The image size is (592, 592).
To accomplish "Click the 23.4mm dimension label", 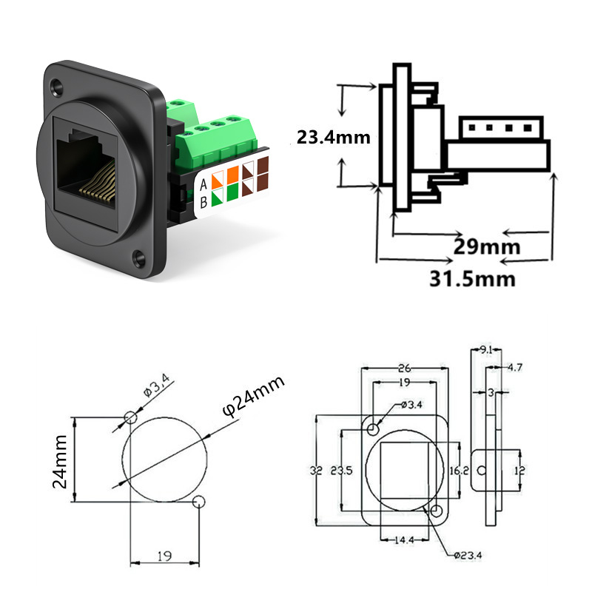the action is point(334,137).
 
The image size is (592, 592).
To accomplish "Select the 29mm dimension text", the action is point(487,246).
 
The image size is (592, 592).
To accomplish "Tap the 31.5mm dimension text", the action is point(472,279).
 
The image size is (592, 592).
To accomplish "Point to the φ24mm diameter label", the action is point(253,396).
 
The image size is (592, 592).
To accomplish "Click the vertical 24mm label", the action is point(60,461).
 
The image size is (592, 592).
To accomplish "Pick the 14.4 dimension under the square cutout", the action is point(404,540).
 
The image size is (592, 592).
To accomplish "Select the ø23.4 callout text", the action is point(468,555).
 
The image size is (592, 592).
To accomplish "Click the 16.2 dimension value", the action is point(459,471).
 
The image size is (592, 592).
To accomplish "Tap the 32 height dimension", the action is point(317,471).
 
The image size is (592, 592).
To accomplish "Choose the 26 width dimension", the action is point(404,367).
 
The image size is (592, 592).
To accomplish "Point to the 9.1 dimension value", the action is point(486,350).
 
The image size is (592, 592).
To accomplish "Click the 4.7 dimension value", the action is point(514,367).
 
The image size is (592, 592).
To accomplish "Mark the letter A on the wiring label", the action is point(203,184).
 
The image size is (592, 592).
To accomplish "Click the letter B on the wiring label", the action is point(203,203).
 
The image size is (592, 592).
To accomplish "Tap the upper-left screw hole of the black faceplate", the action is point(58,87).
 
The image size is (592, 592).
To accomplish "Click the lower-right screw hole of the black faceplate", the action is point(138,257).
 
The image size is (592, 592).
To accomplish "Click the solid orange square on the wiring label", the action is point(233,174).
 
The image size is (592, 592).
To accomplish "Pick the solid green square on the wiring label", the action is point(233,192).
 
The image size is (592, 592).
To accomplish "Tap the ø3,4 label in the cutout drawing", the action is point(157,385).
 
